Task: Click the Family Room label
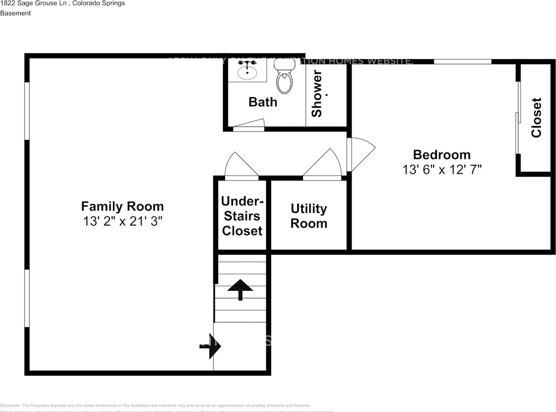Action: click(122, 206)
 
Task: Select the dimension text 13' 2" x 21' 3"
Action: click(122, 222)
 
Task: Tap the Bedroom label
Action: click(441, 154)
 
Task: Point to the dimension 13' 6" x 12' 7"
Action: click(441, 169)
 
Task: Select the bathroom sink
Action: click(247, 70)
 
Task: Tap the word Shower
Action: click(317, 93)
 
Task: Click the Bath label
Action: click(262, 102)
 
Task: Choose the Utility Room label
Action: click(308, 216)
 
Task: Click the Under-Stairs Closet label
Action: click(242, 216)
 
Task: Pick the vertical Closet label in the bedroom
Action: click(536, 118)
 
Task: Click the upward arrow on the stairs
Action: click(240, 289)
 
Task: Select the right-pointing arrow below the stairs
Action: click(212, 346)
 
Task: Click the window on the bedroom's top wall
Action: click(462, 61)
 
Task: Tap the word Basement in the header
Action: click(15, 13)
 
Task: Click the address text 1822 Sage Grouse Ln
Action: click(33, 3)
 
